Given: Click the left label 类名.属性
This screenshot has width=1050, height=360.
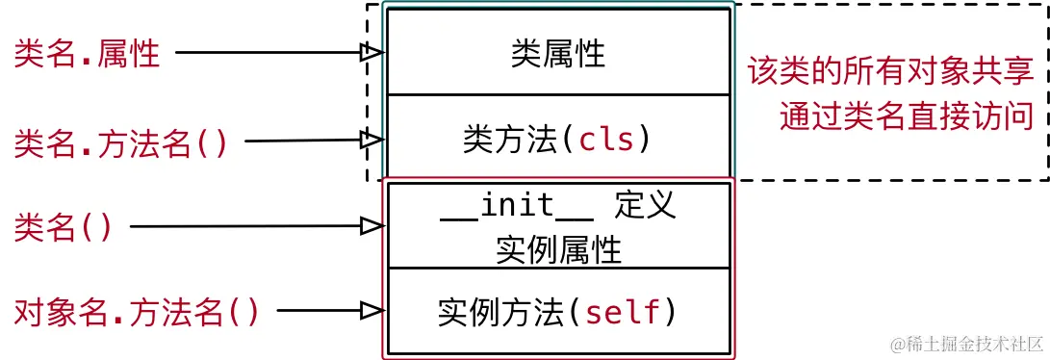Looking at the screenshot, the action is click(x=87, y=54).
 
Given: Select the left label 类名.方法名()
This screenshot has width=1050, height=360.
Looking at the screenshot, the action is click(x=121, y=142).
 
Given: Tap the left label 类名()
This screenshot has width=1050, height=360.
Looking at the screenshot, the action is click(x=64, y=227).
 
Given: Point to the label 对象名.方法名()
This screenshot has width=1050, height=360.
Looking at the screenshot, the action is click(x=137, y=311).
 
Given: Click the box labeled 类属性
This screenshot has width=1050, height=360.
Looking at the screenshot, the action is click(x=558, y=53).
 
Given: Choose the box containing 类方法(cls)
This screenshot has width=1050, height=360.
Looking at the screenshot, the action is click(x=558, y=141).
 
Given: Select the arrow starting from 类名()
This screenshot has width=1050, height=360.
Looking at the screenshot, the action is click(x=250, y=227).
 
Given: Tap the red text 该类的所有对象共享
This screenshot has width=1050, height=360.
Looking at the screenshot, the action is click(x=890, y=72).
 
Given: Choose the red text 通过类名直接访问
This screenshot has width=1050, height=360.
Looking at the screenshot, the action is click(x=906, y=116).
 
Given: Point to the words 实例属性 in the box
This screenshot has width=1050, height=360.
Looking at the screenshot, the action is click(x=558, y=249).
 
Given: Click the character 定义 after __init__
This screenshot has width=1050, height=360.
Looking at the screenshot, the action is click(x=644, y=206).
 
